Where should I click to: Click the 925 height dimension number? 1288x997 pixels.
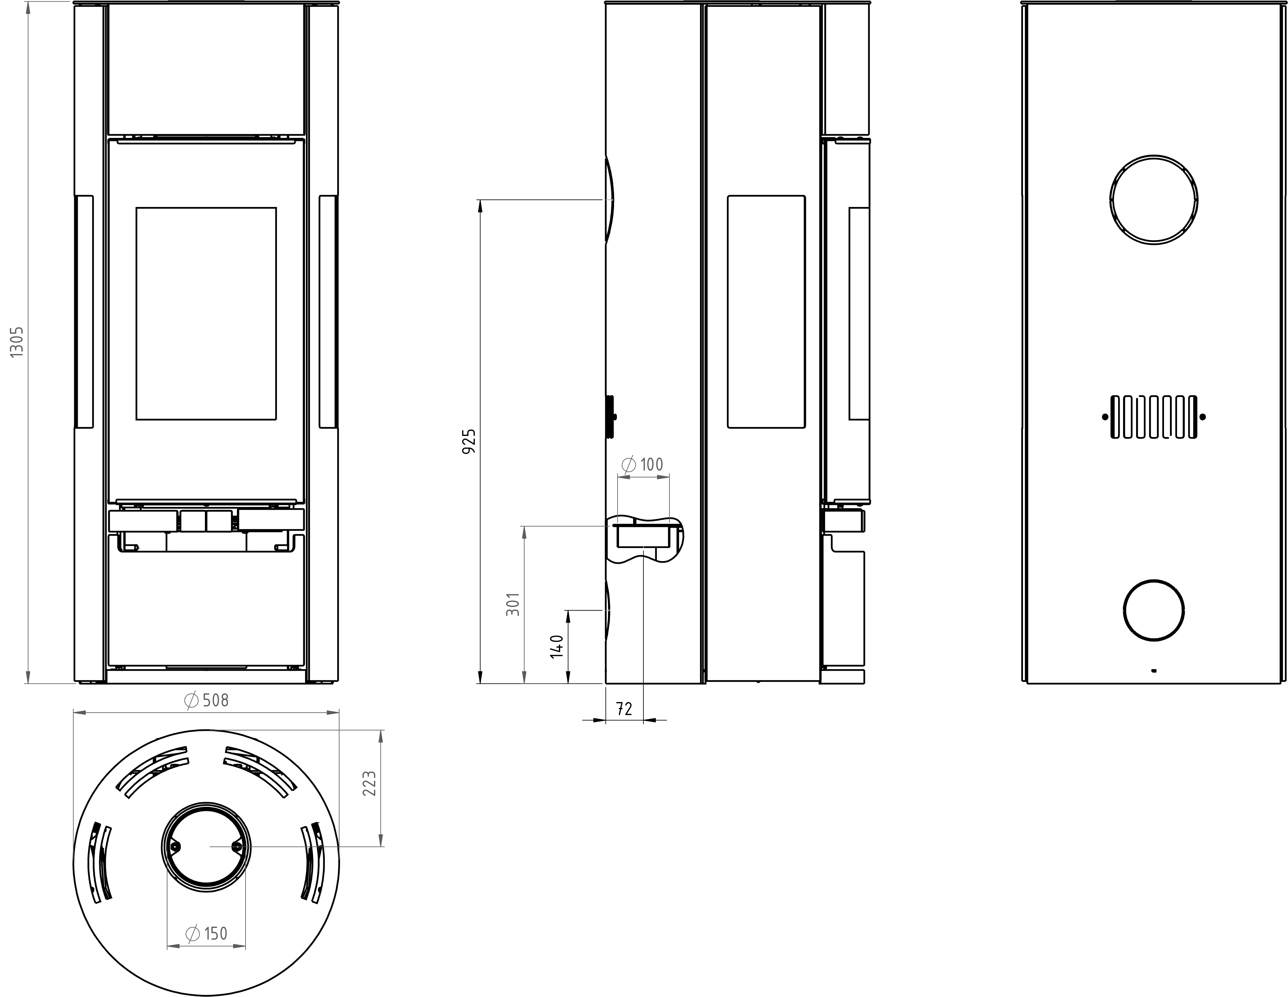tap(469, 441)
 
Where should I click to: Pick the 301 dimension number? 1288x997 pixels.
tap(514, 604)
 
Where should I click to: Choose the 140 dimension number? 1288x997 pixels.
tap(557, 647)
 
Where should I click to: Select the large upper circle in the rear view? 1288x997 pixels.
tap(1153, 200)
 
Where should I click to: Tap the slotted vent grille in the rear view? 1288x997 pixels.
tap(1153, 417)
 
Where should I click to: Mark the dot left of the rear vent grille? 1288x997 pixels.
tap(1104, 417)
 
